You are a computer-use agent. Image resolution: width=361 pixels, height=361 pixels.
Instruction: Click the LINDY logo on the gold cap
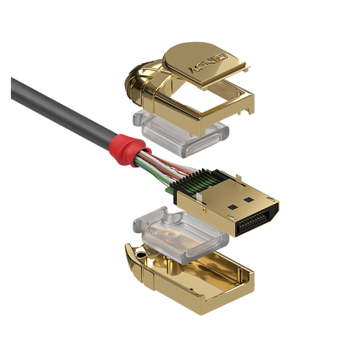click(x=207, y=63)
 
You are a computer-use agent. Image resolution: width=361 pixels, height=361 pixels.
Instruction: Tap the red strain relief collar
click(x=129, y=149)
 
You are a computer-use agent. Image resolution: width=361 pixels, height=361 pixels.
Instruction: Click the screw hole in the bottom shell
click(x=140, y=255)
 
